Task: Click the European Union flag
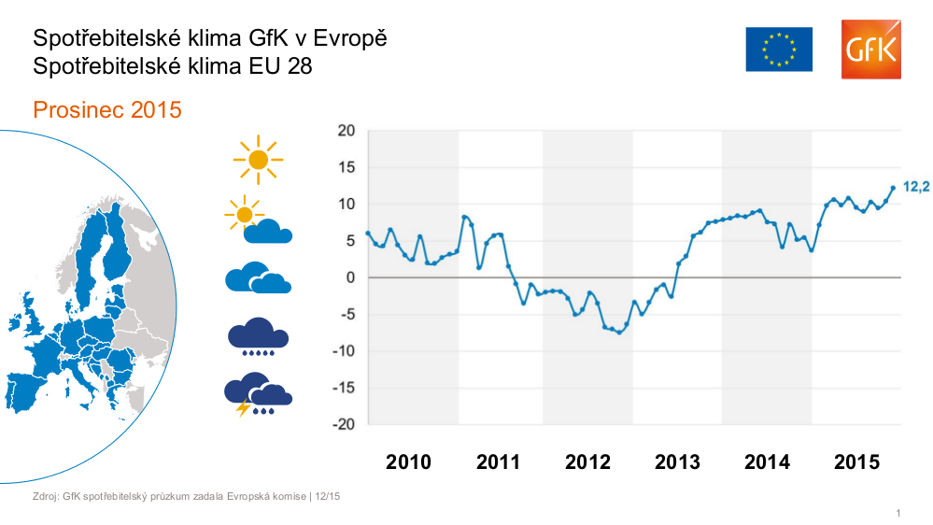[x=779, y=50]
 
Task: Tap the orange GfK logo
[x=870, y=50]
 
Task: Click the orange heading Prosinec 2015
[x=106, y=110]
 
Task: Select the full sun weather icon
[x=258, y=160]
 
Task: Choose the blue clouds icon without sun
[x=257, y=277]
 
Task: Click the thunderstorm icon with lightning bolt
[x=257, y=394]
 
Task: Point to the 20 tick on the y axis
[x=346, y=131]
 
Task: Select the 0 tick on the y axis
[x=351, y=277]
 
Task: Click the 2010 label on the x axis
[x=408, y=462]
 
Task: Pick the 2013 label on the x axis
[x=677, y=462]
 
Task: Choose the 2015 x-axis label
[x=856, y=462]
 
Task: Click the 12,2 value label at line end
[x=916, y=187]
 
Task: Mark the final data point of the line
[x=893, y=188]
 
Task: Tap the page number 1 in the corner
[x=898, y=513]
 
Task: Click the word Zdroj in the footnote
[x=45, y=496]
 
